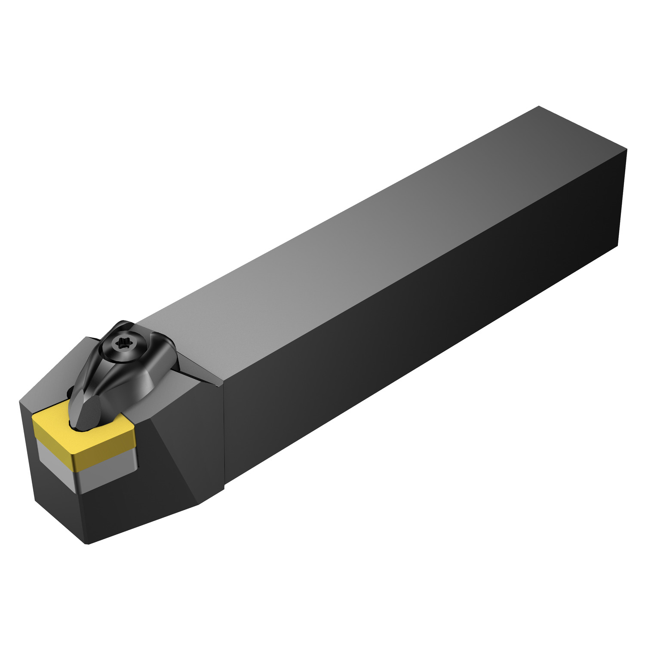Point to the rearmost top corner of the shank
(539, 106)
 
